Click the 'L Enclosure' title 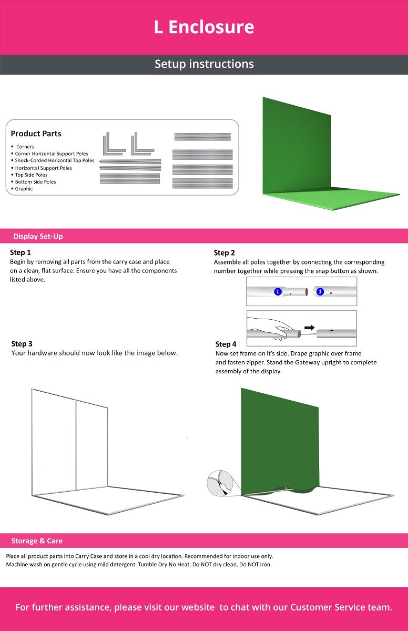click(x=204, y=27)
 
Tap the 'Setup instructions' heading click(x=204, y=64)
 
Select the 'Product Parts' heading click(x=36, y=133)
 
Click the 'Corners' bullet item click(x=25, y=147)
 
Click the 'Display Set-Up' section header click(x=38, y=236)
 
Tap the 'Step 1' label click(x=21, y=252)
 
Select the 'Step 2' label click(x=224, y=253)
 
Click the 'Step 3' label click(x=22, y=344)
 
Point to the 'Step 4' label click(x=226, y=344)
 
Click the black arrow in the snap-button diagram click(x=310, y=328)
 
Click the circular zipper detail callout click(x=220, y=483)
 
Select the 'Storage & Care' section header click(x=37, y=541)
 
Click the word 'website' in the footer click(x=198, y=607)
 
